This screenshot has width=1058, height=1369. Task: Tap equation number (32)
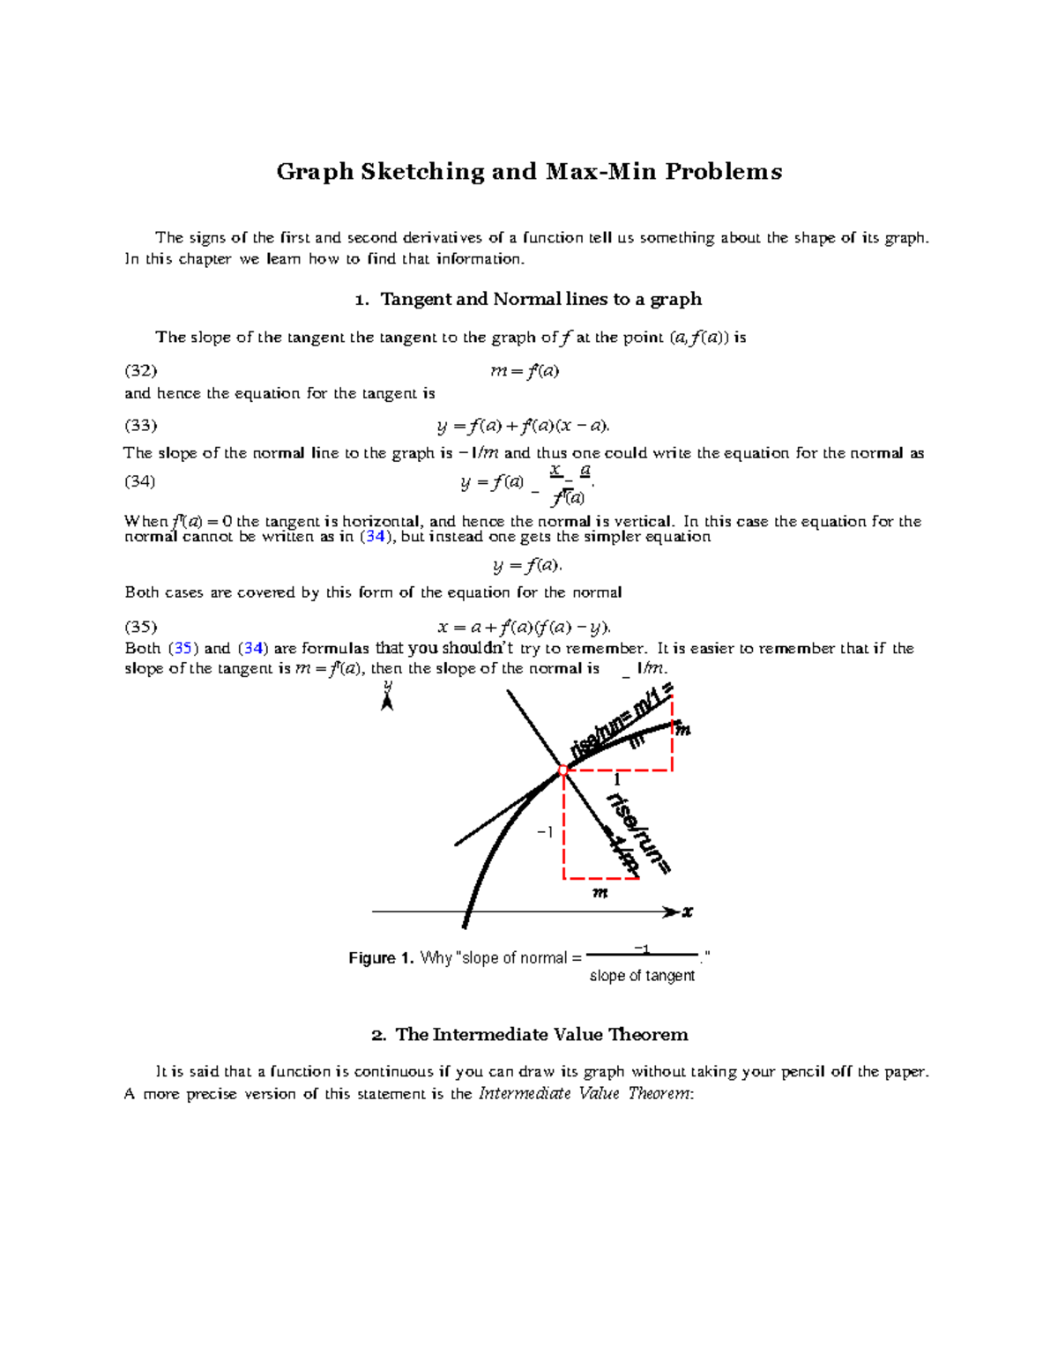coord(141,370)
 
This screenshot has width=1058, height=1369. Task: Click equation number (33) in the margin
coord(141,426)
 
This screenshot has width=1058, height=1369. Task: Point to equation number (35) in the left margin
coord(141,627)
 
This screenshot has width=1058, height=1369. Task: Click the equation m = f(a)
coord(525,371)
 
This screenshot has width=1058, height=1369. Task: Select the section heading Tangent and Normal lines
coord(540,299)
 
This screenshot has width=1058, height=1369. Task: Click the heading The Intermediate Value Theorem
coord(540,1034)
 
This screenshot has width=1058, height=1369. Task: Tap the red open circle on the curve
coord(563,770)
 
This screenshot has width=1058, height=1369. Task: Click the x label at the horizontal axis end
coord(688,912)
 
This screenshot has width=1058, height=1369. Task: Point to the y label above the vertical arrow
coord(387,686)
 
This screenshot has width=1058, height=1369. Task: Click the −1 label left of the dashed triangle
coord(545,832)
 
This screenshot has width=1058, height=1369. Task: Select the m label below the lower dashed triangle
coord(600,893)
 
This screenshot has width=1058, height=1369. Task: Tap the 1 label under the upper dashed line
coord(617,780)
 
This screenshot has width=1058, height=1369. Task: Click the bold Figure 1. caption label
coord(381,958)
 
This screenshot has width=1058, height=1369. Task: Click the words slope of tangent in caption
coord(642,976)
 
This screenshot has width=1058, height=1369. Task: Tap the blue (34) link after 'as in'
coord(375,537)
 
